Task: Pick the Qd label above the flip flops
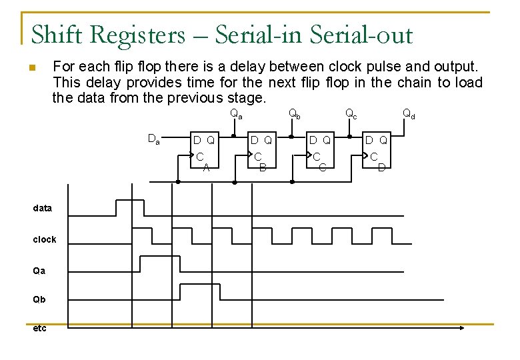409,114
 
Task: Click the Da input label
153,139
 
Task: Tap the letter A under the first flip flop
206,167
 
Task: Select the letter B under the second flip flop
263,167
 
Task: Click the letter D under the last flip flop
381,167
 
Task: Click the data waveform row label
42,208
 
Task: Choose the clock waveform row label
45,239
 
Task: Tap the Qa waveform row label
39,271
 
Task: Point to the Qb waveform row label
39,299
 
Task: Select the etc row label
39,328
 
